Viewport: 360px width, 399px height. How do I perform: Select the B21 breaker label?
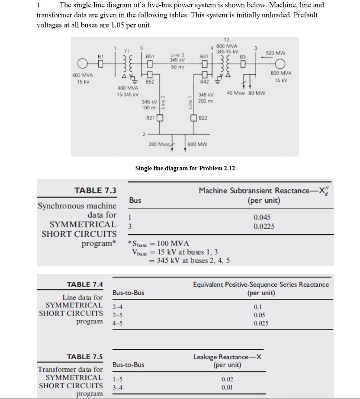pos(151,118)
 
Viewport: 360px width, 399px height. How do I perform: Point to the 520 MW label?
pos(275,53)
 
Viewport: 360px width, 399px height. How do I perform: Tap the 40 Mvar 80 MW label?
pos(247,93)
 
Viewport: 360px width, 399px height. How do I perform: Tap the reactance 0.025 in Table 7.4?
pos(261,323)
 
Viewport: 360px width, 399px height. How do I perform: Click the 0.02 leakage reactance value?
pos(227,379)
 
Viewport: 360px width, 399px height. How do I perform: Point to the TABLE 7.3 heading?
pos(95,191)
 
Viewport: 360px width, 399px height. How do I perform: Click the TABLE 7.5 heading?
pos(85,357)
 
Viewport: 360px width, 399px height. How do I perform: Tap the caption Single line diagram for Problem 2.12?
pos(185,168)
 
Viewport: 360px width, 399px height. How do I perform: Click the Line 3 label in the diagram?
pos(177,55)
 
